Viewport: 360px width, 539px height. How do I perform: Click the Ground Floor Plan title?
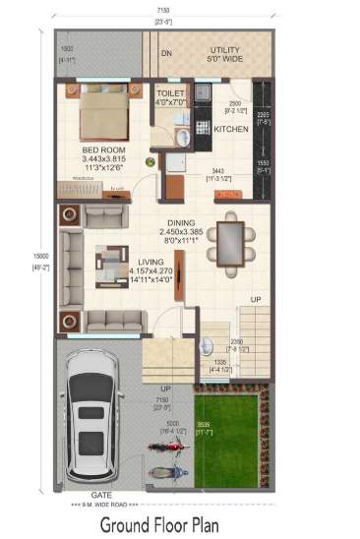tap(180, 522)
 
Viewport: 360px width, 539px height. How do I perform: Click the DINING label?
tap(179, 222)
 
